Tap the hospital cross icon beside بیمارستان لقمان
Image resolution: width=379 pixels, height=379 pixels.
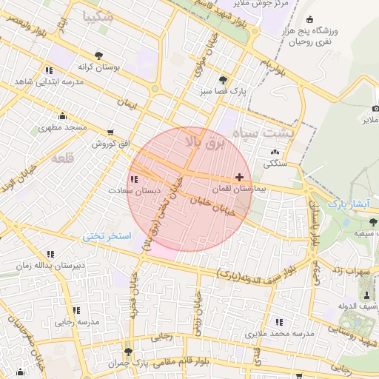(238, 177)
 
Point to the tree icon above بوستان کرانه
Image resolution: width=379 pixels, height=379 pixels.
(98, 55)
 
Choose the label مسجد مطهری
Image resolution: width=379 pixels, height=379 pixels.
(64, 127)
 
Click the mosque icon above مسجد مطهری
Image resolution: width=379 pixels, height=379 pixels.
(62, 115)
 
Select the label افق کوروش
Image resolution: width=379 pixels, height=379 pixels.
(110, 143)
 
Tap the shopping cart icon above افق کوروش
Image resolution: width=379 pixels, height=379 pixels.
(110, 132)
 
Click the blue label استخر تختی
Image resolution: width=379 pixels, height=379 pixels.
(107, 236)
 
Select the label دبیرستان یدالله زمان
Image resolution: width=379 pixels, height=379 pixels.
(50, 265)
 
